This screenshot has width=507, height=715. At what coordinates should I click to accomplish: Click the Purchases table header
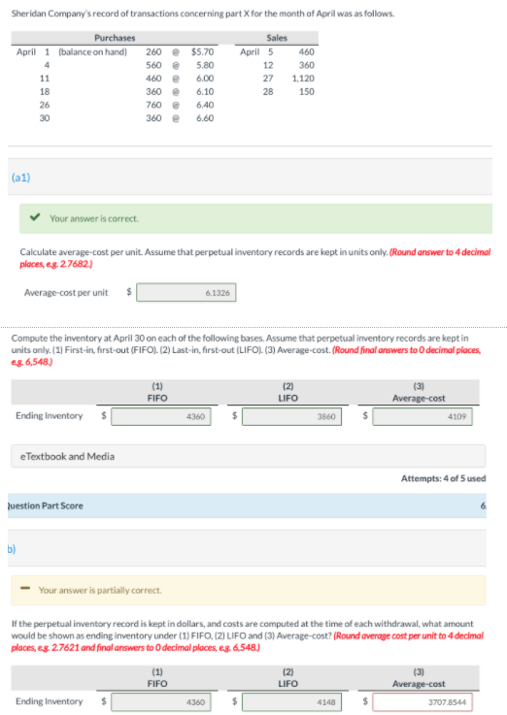tap(115, 38)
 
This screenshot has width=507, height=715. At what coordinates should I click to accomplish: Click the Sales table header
tap(277, 38)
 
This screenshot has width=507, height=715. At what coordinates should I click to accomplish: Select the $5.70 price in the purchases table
tap(202, 52)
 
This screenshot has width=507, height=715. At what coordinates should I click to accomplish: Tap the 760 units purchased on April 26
tap(153, 105)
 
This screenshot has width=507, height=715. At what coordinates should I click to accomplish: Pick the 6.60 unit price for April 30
tap(205, 118)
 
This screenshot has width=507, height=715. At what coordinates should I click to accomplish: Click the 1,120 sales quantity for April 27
tap(303, 79)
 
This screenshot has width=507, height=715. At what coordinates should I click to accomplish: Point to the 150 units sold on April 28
tap(307, 91)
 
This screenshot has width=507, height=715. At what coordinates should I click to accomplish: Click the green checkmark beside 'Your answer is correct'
tap(35, 217)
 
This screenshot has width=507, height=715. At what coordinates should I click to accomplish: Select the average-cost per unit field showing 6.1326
tap(186, 293)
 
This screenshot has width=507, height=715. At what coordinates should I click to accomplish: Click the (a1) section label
tap(21, 178)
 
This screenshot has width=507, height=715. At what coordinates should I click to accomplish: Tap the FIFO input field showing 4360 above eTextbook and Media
tap(161, 416)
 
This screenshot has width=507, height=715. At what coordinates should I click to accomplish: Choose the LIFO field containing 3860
tap(291, 416)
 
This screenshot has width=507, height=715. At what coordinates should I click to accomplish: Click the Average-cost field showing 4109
tap(422, 416)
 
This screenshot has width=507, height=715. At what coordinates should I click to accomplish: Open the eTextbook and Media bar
tap(249, 456)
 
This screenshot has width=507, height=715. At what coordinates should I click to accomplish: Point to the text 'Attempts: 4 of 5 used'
tap(443, 478)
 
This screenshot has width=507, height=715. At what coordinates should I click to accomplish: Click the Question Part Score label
tap(46, 505)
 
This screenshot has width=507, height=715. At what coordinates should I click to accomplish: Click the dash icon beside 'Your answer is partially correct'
tap(25, 588)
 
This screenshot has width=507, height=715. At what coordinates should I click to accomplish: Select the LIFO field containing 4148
tap(291, 702)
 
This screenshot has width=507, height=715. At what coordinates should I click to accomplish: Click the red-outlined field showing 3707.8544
tap(422, 702)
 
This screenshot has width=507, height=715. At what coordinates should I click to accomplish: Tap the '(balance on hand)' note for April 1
tap(92, 52)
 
